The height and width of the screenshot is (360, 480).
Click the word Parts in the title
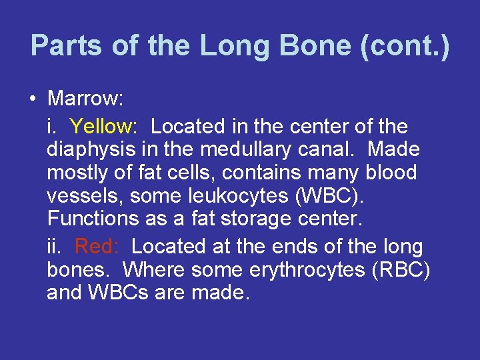tap(65, 45)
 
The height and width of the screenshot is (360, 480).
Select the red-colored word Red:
tap(97, 247)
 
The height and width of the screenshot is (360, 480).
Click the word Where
tap(154, 271)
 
